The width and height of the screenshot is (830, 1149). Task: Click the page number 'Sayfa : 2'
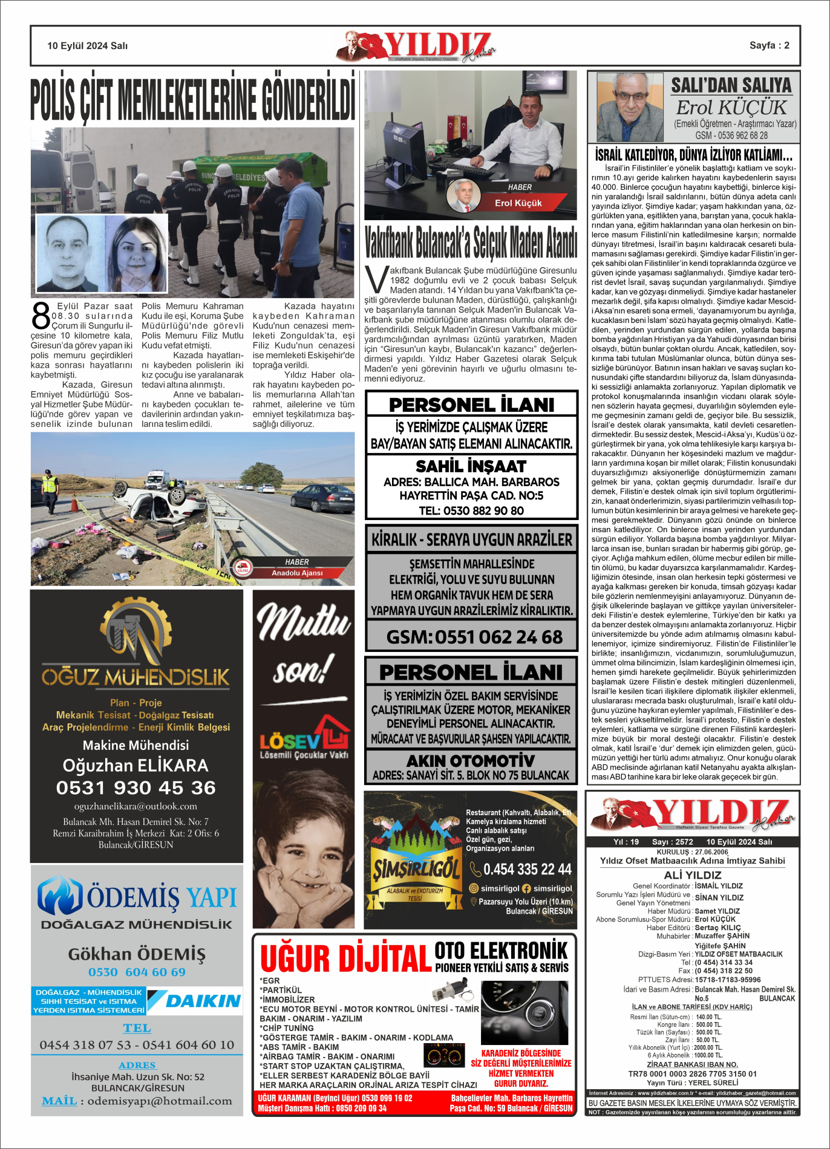(769, 45)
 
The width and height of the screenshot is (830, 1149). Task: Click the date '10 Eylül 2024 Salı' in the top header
(87, 46)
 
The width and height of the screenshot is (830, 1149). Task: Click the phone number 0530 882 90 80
(471, 510)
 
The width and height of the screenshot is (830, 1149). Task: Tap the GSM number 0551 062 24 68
(474, 637)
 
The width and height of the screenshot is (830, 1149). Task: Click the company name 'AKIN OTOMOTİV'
(471, 760)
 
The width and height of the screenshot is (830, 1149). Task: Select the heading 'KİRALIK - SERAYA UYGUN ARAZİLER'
(471, 539)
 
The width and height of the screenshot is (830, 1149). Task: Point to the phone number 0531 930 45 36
(136, 787)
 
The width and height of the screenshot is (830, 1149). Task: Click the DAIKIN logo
(195, 1001)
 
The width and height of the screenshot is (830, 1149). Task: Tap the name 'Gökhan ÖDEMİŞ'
(137, 954)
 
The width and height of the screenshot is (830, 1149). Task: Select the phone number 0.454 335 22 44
(527, 869)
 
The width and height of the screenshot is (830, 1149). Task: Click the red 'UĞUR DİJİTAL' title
(345, 959)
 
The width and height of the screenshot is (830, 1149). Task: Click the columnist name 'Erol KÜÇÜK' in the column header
(731, 108)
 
